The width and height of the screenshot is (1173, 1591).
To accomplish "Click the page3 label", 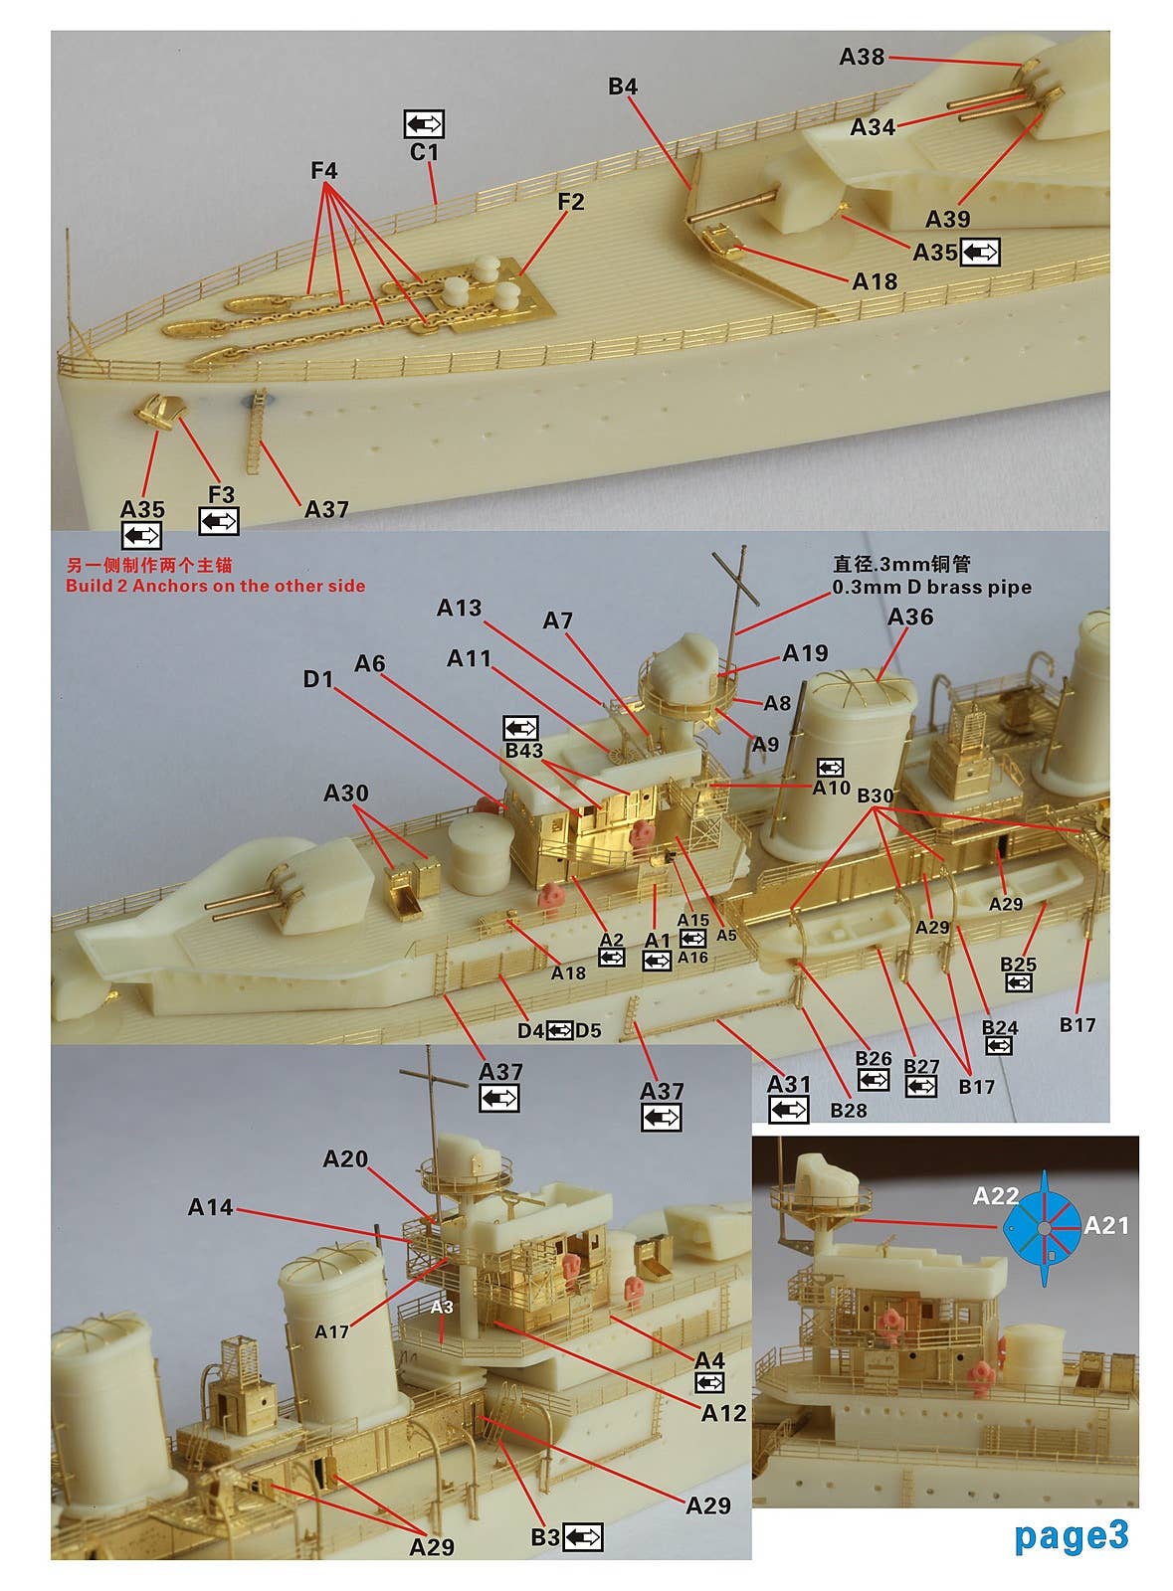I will pyautogui.click(x=1072, y=1535).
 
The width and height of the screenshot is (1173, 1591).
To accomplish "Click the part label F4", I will pyautogui.click(x=324, y=171).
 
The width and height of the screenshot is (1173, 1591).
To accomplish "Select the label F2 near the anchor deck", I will pyautogui.click(x=570, y=202).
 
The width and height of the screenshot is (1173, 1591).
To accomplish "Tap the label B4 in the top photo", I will pyautogui.click(x=623, y=88).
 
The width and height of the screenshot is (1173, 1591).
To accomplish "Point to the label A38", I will pyautogui.click(x=862, y=58).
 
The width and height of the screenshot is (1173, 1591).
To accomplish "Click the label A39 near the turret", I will pyautogui.click(x=947, y=219).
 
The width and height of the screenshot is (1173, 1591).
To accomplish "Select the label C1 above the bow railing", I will pyautogui.click(x=424, y=152).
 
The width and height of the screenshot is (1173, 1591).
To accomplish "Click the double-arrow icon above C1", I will pyautogui.click(x=424, y=124).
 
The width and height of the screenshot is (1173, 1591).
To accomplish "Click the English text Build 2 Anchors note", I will pyautogui.click(x=215, y=586).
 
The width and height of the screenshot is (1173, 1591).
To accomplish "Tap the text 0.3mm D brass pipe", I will pyautogui.click(x=931, y=588).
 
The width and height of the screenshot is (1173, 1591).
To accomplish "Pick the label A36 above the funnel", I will pyautogui.click(x=909, y=618).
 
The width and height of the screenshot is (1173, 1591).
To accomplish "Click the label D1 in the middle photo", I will pyautogui.click(x=318, y=679).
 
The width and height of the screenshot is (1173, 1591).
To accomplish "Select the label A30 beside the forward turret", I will pyautogui.click(x=345, y=794).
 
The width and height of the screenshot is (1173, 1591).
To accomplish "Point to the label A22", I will pyautogui.click(x=995, y=1197).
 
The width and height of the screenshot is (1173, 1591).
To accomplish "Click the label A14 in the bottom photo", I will pyautogui.click(x=210, y=1207).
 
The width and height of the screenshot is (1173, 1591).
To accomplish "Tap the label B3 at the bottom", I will pyautogui.click(x=544, y=1537).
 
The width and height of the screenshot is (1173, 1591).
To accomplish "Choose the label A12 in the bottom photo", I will pyautogui.click(x=723, y=1413).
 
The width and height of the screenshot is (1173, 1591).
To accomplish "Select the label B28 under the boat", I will pyautogui.click(x=849, y=1110).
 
